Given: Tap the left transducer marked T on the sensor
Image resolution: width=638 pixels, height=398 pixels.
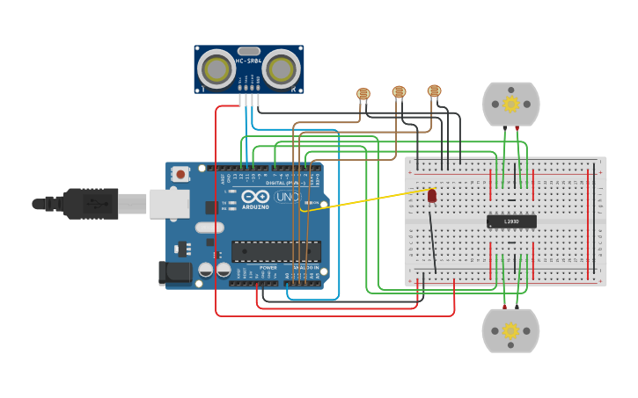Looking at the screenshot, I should pyautogui.click(x=216, y=69).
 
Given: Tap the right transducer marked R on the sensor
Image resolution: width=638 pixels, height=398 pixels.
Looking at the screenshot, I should pyautogui.click(x=282, y=69).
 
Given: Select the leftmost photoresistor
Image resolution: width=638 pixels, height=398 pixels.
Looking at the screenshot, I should pyautogui.click(x=363, y=93).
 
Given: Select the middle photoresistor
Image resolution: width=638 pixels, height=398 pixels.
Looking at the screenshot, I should pyautogui.click(x=399, y=91).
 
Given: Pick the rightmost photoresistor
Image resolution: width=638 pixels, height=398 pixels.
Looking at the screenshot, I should pyautogui.click(x=434, y=90).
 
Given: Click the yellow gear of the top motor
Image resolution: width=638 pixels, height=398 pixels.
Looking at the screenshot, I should pyautogui.click(x=510, y=105).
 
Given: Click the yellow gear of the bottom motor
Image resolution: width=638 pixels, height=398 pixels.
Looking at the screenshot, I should pyautogui.click(x=510, y=331).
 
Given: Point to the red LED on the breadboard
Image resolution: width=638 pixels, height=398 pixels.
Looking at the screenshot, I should pyautogui.click(x=431, y=195).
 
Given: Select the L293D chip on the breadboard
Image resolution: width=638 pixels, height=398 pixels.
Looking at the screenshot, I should pyautogui.click(x=511, y=221).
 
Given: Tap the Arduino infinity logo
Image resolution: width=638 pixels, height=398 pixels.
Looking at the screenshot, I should pyautogui.click(x=255, y=197).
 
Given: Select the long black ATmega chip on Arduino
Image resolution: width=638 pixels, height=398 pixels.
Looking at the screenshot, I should pyautogui.click(x=275, y=251).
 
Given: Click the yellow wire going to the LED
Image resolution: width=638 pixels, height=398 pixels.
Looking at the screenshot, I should pyautogui.click(x=370, y=199).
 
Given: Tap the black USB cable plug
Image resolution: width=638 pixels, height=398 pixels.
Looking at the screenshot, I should pyautogui.click(x=88, y=204).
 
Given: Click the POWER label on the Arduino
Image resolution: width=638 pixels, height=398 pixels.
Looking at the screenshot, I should pyautogui.click(x=268, y=267).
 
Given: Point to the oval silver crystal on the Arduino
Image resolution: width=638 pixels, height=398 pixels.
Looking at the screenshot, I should pyautogui.click(x=209, y=228).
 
